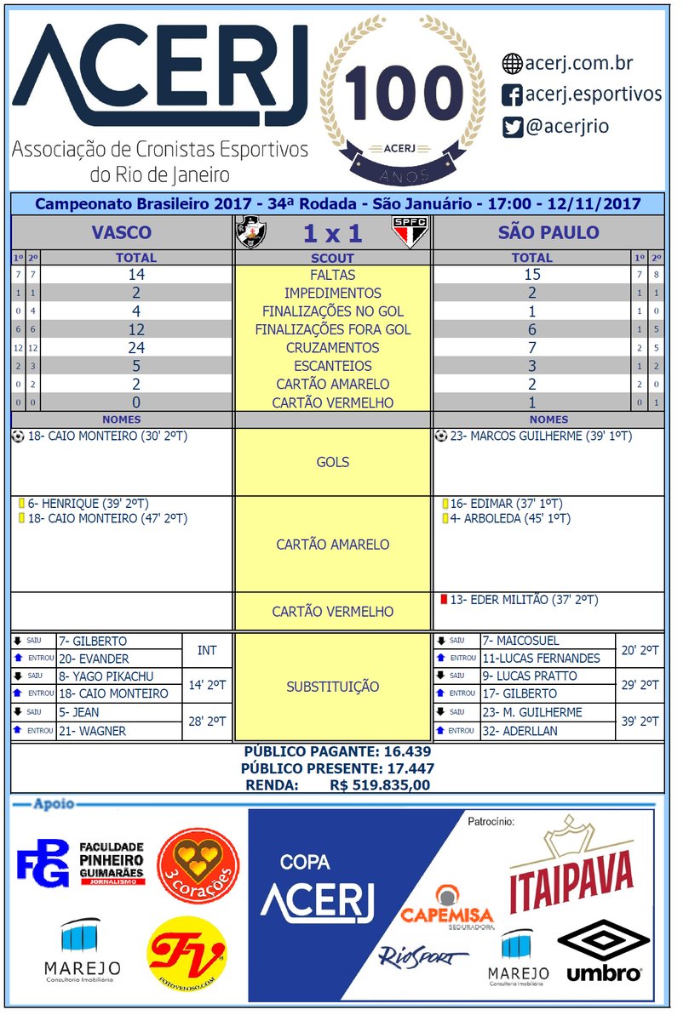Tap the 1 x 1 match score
pos(332,233)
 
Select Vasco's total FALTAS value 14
pos(136,275)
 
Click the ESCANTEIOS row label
pos(332,366)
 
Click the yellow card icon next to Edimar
pos(445,503)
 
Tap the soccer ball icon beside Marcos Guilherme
pos(440,436)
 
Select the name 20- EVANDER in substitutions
pos(94,659)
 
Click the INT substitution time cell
pos(207,650)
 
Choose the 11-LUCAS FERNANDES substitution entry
pos(541,659)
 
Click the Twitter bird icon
pos(512,127)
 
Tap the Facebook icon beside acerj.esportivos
pos(512,94)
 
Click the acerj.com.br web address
pos(579,63)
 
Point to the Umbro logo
pos(603,950)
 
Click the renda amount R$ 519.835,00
pos(380,786)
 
